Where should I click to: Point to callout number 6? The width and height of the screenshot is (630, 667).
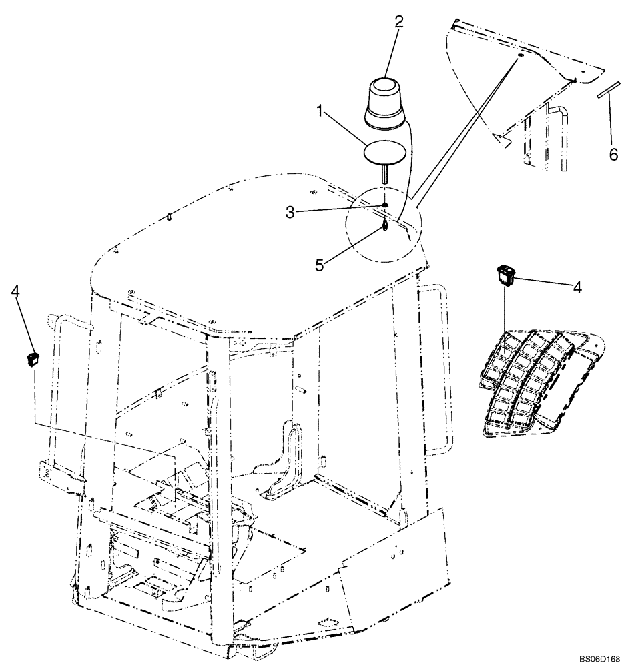point(613,154)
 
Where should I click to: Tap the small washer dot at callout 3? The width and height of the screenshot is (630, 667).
point(386,207)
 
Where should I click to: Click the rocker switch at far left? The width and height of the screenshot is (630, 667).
point(31,360)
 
